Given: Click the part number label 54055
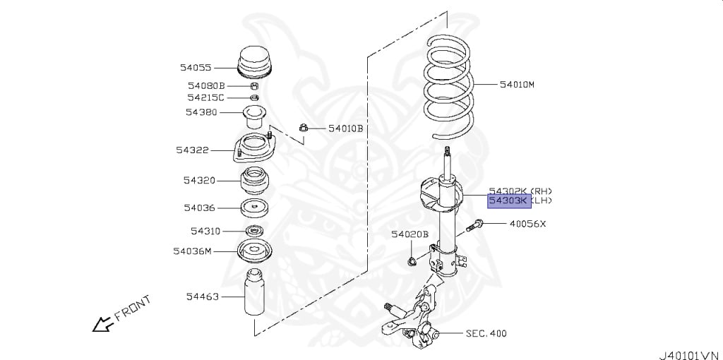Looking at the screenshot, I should (x=195, y=68).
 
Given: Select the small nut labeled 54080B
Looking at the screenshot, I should (x=255, y=86).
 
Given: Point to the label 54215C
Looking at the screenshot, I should (x=205, y=97).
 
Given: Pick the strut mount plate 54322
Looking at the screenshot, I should (x=255, y=150).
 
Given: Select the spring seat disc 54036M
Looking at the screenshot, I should (x=255, y=251).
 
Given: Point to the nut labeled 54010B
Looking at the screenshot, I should (x=302, y=128).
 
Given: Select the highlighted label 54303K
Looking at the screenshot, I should (x=508, y=201).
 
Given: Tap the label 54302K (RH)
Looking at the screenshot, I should (x=520, y=191).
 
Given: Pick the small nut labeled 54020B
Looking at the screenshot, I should (x=412, y=263).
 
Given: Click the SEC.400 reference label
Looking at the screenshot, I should (x=486, y=333).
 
